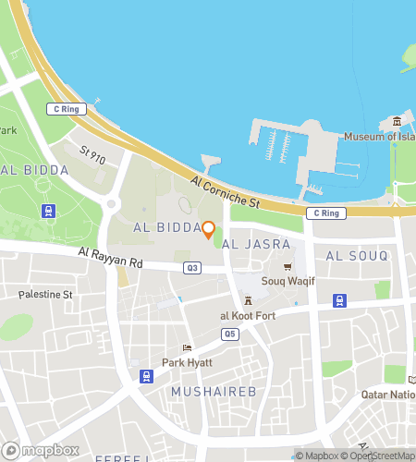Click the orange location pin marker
[209, 229]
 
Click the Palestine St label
[45, 295]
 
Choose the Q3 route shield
[192, 268]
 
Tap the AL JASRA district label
[257, 244]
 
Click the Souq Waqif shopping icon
[288, 267]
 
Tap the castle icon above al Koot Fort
[248, 301]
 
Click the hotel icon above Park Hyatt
[188, 348]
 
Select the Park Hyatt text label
[188, 362]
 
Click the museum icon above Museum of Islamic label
[396, 122]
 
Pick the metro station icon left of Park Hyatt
[146, 375]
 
